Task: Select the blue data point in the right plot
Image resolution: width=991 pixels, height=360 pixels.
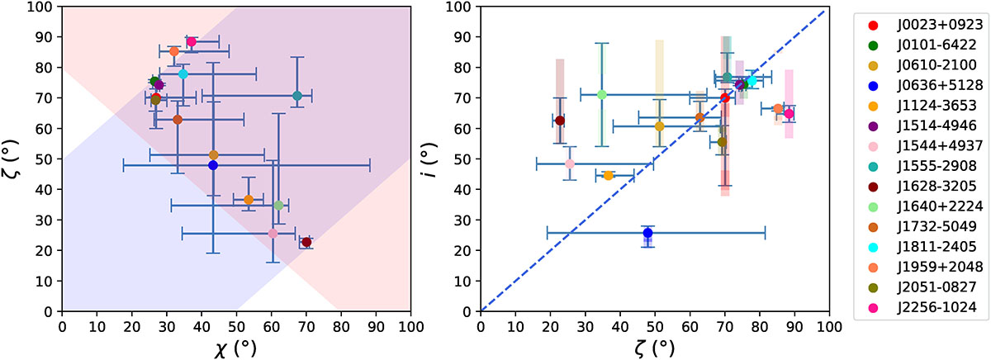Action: coord(648,233)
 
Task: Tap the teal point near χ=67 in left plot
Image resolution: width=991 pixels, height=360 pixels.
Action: coord(297,96)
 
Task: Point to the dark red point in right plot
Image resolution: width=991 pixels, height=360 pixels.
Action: coord(560,121)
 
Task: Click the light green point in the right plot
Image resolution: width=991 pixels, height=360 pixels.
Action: coord(602,94)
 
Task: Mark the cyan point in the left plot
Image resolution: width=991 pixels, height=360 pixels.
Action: coord(183,74)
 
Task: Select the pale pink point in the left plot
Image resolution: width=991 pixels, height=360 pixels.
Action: coord(273,234)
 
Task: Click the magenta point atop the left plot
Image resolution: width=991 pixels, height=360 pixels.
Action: coord(191,42)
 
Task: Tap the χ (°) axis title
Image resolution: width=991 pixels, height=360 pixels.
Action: coord(236,348)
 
